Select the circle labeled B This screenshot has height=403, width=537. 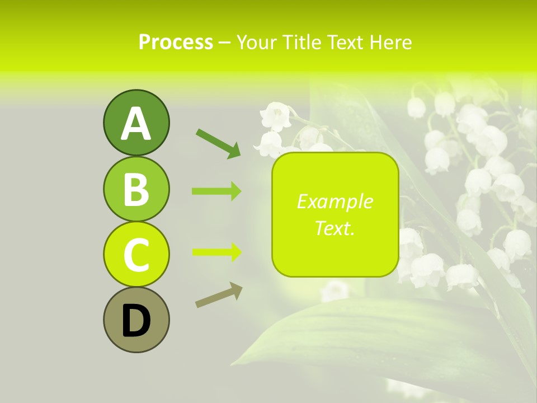(136, 189)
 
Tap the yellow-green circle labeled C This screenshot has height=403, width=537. (136, 254)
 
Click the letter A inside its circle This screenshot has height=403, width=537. (136, 124)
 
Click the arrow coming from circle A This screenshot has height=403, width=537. (218, 143)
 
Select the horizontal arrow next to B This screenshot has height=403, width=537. (216, 191)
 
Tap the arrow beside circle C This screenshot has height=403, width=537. (216, 252)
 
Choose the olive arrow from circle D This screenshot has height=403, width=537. (219, 295)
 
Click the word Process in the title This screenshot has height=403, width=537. (176, 42)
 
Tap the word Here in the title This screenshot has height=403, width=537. (392, 42)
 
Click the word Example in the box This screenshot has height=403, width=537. (335, 201)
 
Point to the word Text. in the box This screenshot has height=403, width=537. (335, 228)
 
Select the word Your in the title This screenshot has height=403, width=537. (256, 42)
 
